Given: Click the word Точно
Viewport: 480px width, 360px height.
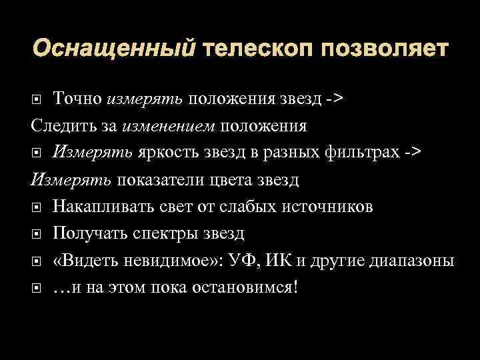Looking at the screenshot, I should (x=77, y=99).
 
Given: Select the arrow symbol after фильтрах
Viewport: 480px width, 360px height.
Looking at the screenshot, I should (x=412, y=153).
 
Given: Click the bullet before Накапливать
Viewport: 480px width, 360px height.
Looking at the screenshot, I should (x=37, y=207).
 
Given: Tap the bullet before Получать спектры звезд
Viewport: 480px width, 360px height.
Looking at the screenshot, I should (x=37, y=234).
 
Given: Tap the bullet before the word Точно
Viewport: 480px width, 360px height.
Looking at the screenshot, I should (x=37, y=100).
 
